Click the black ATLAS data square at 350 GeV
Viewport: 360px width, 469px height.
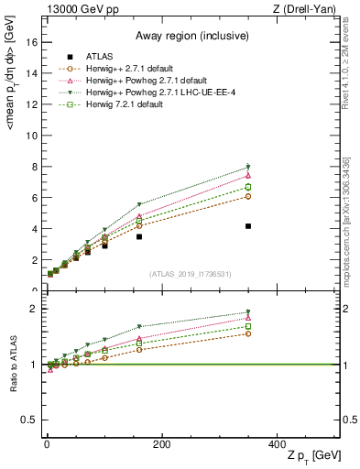pos(248,226)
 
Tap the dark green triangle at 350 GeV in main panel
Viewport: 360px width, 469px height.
pos(248,167)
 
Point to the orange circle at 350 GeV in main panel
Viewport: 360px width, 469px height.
pos(248,196)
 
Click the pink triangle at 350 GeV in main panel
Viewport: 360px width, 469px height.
pos(248,175)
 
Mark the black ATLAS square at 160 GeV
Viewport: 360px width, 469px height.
pos(139,236)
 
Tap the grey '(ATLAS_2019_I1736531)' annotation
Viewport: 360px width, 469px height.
pos(191,274)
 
